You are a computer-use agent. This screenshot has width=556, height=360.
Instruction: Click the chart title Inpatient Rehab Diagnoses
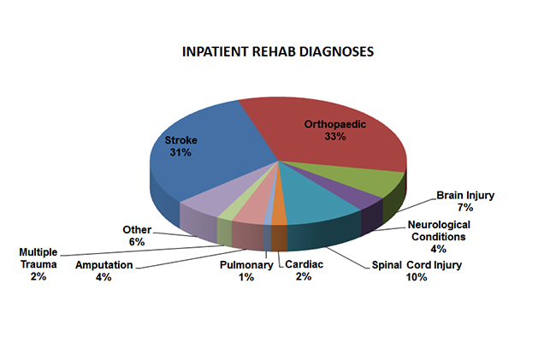pyautogui.click(x=278, y=51)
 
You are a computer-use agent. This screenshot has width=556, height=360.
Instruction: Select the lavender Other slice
pyautogui.click(x=201, y=204)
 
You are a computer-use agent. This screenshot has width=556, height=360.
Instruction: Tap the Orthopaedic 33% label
pyautogui.click(x=335, y=130)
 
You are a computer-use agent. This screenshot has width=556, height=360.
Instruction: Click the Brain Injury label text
pyautogui.click(x=465, y=195)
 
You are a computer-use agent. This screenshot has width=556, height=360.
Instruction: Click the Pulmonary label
pyautogui.click(x=245, y=265)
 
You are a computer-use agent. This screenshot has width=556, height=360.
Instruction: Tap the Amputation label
pyautogui.click(x=104, y=265)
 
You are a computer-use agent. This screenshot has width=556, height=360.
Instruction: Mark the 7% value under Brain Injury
pyautogui.click(x=465, y=208)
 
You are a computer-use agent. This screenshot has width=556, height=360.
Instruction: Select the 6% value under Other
pyautogui.click(x=137, y=242)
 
